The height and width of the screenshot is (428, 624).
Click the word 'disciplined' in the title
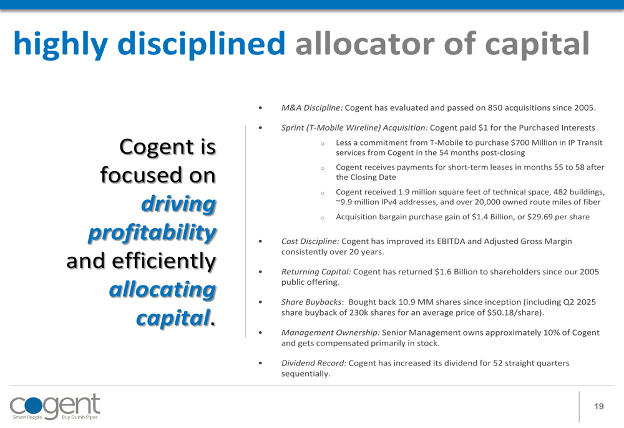[x=202, y=44]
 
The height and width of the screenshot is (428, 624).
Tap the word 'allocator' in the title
[x=364, y=44]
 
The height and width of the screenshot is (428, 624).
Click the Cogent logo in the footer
[x=55, y=407]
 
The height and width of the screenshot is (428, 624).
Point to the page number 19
[x=599, y=406]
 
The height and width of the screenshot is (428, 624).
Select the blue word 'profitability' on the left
[x=152, y=232]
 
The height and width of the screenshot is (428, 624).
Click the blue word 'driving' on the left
[x=178, y=204]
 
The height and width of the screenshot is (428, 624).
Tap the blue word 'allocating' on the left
[x=163, y=290]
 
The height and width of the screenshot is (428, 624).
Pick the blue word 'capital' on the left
[x=173, y=318]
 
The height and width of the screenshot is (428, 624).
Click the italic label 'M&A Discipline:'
[x=311, y=107]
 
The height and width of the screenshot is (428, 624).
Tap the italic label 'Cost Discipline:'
[x=310, y=241]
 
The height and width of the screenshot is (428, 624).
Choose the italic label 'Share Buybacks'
[x=311, y=302]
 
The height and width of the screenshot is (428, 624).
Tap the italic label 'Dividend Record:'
[x=314, y=363]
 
